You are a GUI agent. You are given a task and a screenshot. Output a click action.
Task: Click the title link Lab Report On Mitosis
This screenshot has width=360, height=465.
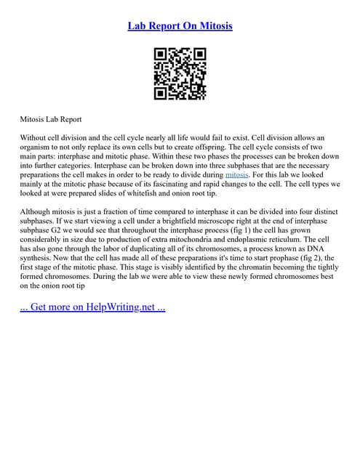180,27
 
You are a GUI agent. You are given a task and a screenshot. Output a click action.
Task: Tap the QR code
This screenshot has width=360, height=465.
180,73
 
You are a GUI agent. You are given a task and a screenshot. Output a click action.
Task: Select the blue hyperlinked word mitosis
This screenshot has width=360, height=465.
237,175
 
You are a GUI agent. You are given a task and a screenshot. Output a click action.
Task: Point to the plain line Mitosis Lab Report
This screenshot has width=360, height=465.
50,118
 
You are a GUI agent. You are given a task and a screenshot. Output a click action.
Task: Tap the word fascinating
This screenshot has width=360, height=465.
207,185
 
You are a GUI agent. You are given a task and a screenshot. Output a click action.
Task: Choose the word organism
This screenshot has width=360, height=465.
39,147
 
